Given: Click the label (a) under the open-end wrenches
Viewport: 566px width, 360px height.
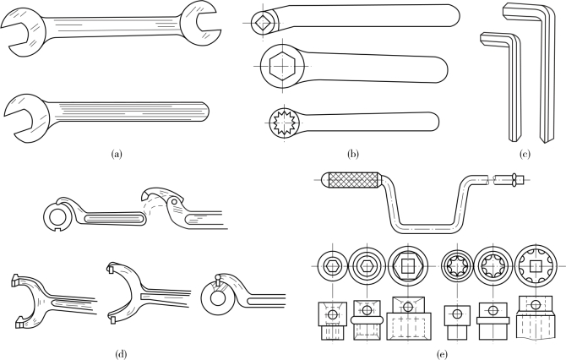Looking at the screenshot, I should (x=117, y=155).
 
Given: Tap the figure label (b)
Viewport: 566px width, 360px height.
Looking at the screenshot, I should (x=353, y=155).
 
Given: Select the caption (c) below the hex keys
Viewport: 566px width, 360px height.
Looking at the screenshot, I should (x=525, y=155).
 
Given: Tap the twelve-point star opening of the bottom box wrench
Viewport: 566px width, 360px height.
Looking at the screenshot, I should (x=284, y=123).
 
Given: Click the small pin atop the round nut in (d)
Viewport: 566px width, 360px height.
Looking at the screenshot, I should (x=218, y=277).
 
